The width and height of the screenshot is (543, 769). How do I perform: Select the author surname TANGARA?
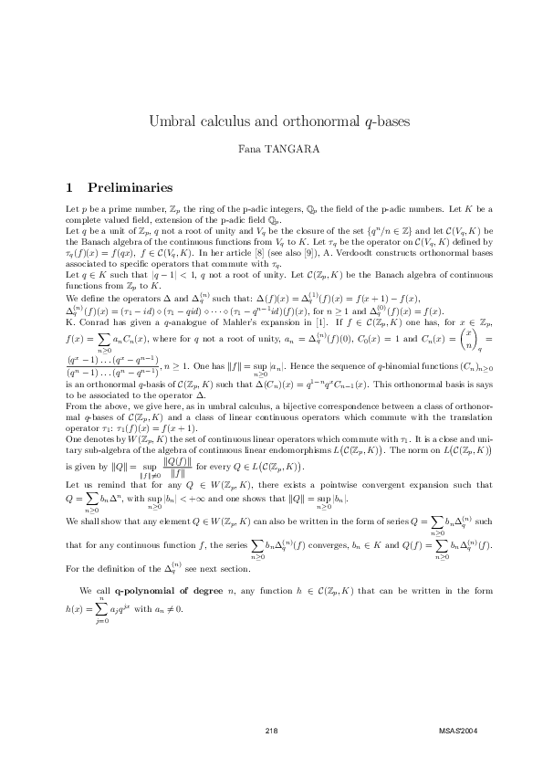[288, 148]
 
